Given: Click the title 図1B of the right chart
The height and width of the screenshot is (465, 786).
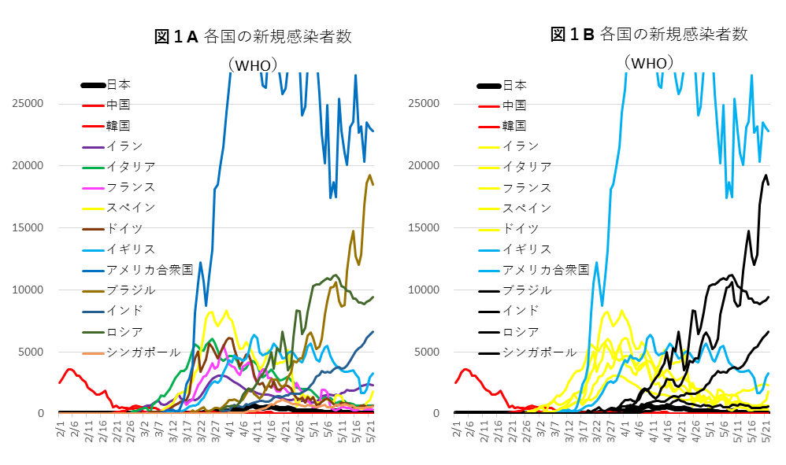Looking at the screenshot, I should pyautogui.click(x=572, y=34).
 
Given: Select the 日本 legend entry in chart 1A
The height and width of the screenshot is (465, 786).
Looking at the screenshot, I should pyautogui.click(x=118, y=85).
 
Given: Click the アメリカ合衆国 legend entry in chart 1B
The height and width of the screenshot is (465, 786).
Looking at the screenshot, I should pyautogui.click(x=546, y=269).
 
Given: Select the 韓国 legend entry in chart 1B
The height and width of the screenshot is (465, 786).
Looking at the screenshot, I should pyautogui.click(x=514, y=125).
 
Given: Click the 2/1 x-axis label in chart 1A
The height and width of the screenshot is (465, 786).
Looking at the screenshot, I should pyautogui.click(x=61, y=432).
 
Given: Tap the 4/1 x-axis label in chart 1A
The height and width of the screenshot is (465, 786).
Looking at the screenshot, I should pyautogui.click(x=228, y=432).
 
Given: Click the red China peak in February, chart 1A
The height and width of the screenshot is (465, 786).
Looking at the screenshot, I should pyautogui.click(x=70, y=369).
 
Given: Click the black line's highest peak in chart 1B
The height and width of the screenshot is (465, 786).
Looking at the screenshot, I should pyautogui.click(x=766, y=175).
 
